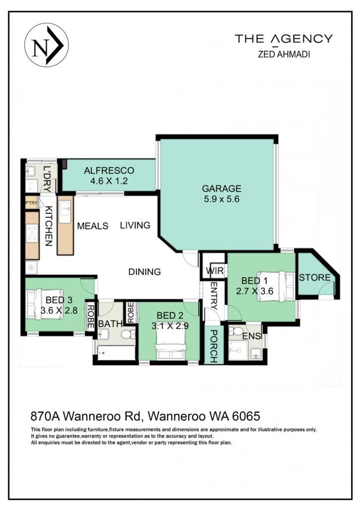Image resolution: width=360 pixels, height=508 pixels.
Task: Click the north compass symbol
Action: (46, 45)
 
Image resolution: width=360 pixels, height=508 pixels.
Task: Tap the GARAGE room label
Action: (221, 188)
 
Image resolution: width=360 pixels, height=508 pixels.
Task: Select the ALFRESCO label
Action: (109, 171)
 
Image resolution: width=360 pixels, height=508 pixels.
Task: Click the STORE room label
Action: (315, 278)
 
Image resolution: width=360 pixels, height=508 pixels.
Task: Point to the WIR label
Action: (215, 270)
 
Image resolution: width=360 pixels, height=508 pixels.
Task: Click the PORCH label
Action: (214, 346)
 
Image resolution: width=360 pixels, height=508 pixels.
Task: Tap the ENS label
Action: (252, 336)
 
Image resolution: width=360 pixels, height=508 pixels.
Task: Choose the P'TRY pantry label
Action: (31, 203)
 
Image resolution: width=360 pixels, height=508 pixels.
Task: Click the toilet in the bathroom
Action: (128, 334)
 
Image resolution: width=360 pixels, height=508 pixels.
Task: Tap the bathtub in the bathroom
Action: (116, 353)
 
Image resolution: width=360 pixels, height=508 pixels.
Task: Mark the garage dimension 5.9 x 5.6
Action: (221, 199)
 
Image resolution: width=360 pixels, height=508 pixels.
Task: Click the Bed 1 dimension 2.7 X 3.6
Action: (255, 291)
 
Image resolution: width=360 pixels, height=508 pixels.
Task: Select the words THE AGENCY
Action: (284, 39)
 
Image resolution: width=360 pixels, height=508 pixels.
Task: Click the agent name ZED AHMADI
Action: (284, 54)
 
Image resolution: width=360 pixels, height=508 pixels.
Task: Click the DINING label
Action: (144, 271)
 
